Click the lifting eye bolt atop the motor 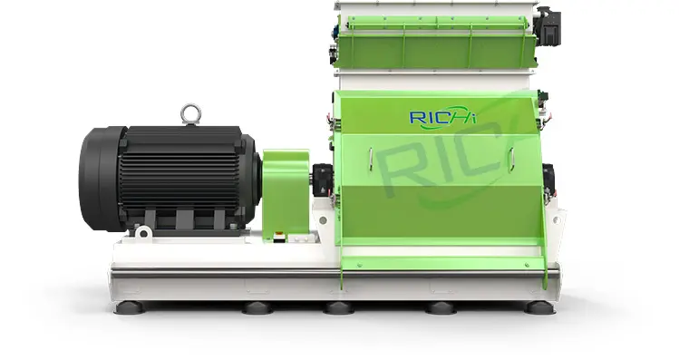(191, 114)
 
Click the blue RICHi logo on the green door (442, 116)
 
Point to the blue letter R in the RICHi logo (416, 117)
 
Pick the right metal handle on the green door (511, 159)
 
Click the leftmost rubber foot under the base (129, 307)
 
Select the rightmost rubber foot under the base (540, 307)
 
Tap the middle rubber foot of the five (339, 307)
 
